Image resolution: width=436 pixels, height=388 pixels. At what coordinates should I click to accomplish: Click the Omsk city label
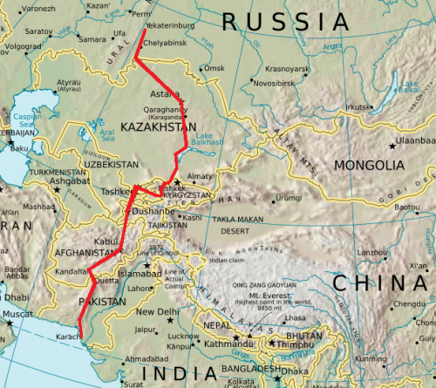tap(215, 68)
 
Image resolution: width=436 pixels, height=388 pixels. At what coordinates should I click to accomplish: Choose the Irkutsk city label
tap(359, 107)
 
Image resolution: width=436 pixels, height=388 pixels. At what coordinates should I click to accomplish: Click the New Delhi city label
tap(158, 312)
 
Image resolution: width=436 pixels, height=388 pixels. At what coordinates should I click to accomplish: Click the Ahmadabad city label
tap(146, 358)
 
